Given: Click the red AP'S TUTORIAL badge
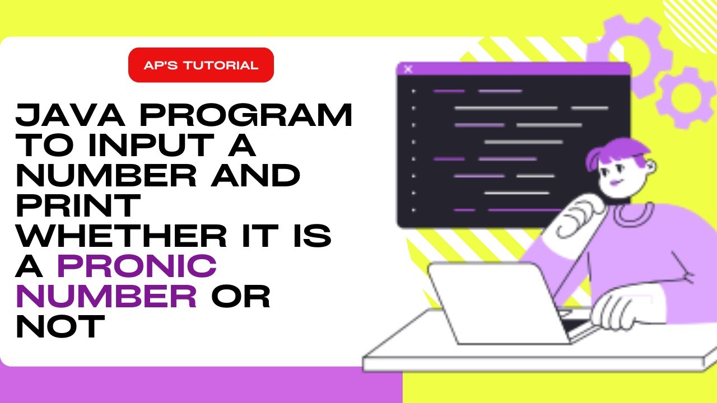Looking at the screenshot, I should click(201, 65).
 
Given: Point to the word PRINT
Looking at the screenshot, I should click(77, 205).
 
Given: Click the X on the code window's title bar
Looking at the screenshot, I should click(408, 69).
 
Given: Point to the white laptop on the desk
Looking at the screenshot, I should click(493, 302).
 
